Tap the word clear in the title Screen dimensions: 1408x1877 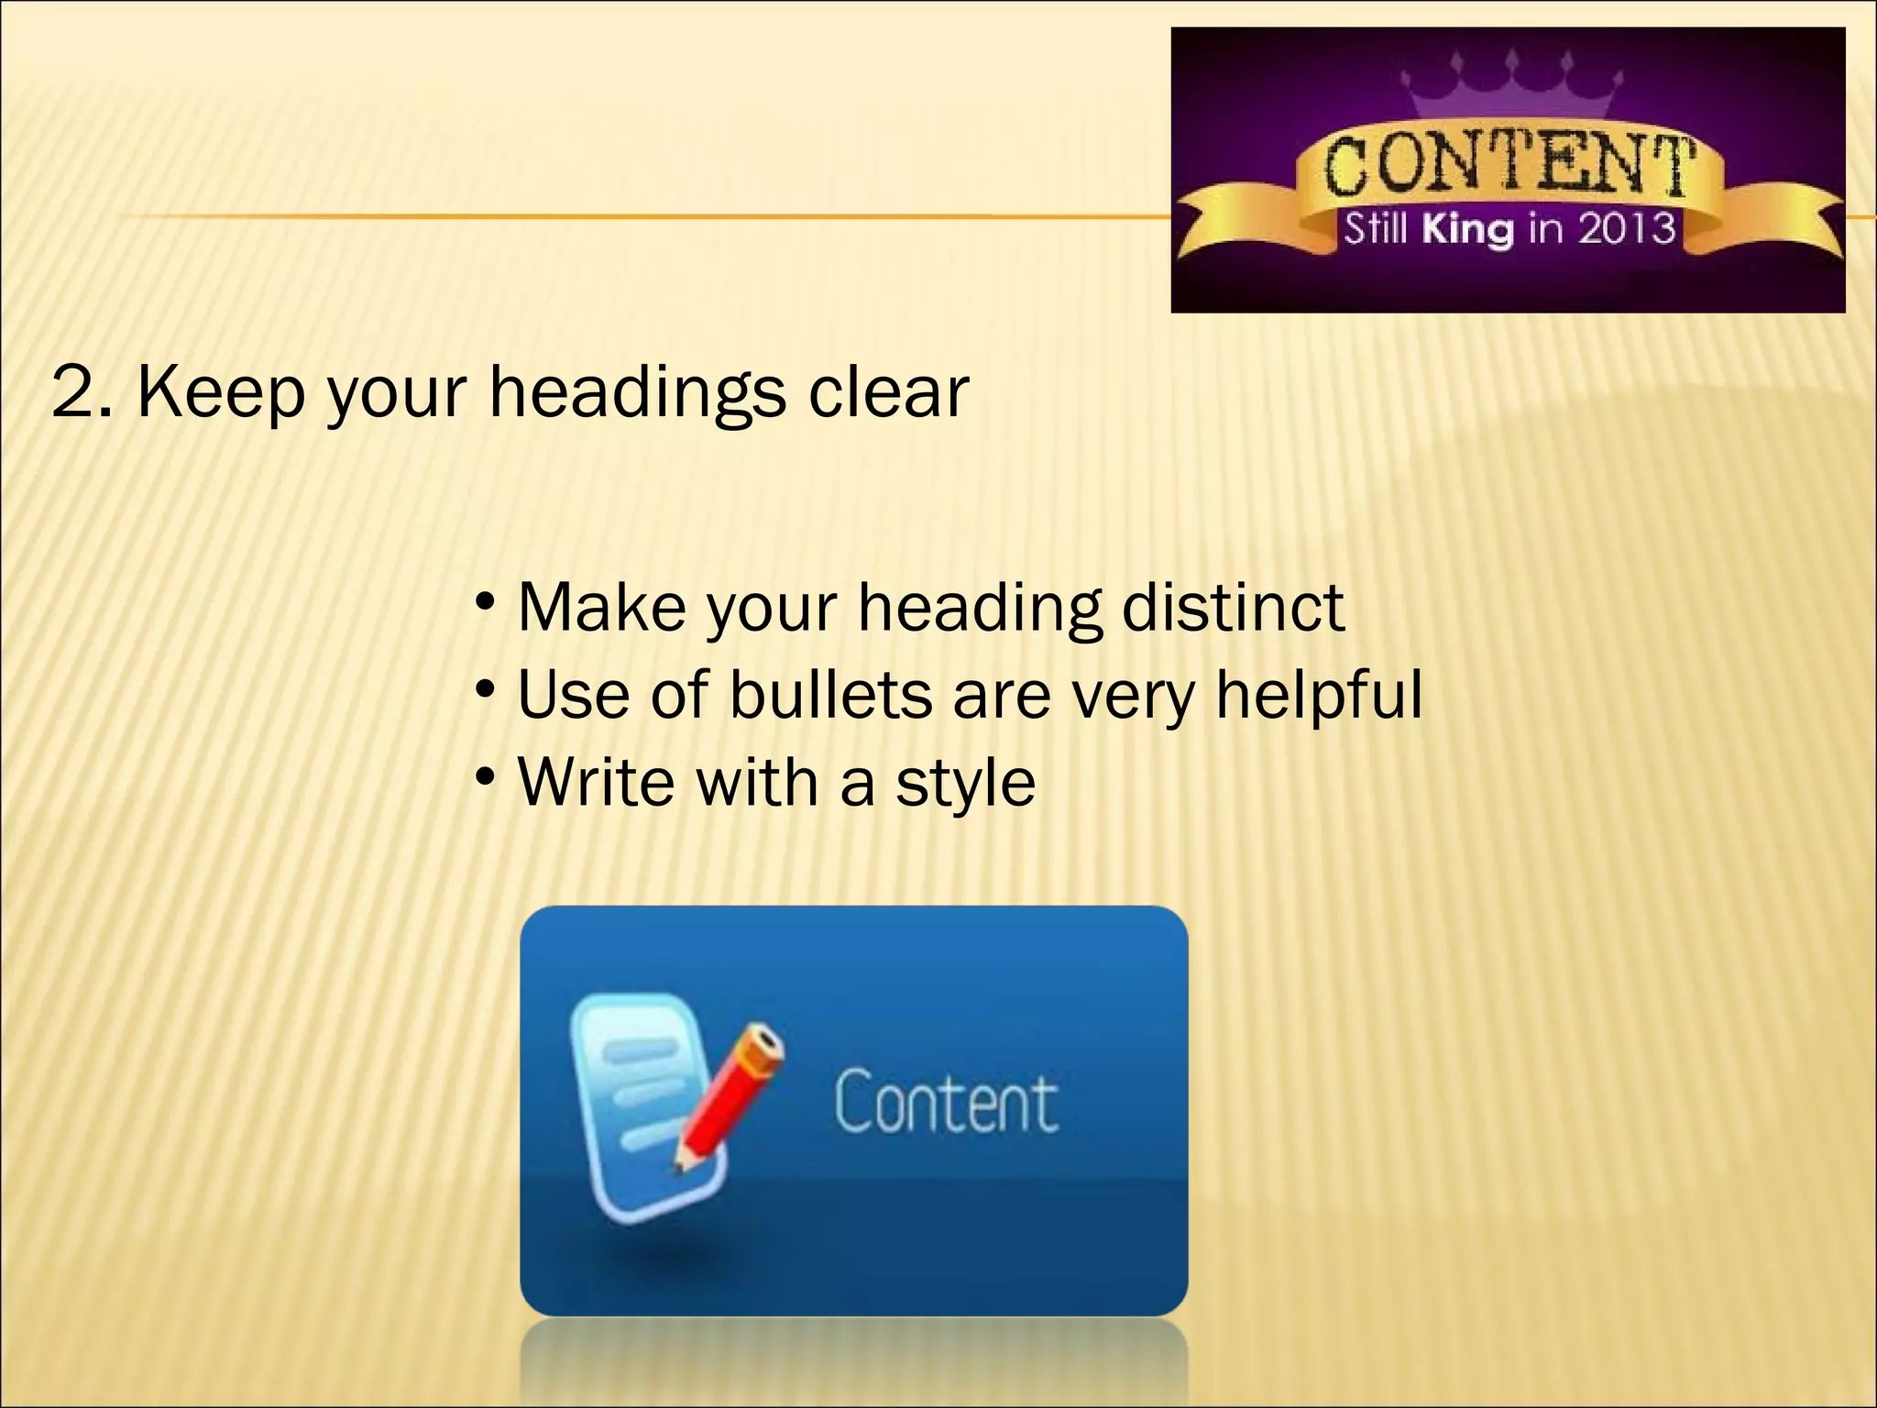click(887, 392)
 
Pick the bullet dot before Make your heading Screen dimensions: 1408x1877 click(486, 603)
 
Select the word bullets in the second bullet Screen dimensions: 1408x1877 click(830, 694)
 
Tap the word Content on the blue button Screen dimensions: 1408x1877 click(946, 1101)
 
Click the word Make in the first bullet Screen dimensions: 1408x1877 click(601, 607)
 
